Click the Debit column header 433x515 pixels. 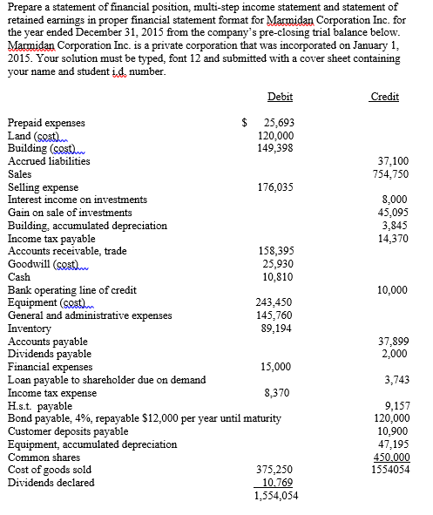point(281,97)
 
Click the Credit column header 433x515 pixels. point(384,97)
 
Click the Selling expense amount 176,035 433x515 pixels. point(276,187)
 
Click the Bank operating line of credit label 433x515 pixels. point(71,290)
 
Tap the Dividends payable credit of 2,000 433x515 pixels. point(395,354)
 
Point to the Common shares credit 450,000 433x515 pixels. point(389,457)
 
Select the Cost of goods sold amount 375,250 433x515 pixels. point(276,470)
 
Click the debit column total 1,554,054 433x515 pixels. point(275,495)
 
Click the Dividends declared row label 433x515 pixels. point(51,483)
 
